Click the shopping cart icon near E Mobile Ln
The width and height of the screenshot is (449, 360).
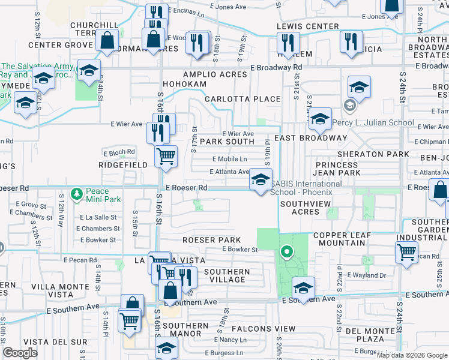point(166,157)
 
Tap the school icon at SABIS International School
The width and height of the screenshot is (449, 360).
point(261,179)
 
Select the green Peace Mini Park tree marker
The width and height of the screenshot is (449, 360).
point(76,194)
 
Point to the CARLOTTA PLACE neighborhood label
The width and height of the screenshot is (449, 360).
point(243,99)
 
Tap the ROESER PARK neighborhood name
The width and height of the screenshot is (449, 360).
point(208,240)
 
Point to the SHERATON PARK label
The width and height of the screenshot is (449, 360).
point(373,154)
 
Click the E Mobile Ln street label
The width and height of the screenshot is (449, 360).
point(230,159)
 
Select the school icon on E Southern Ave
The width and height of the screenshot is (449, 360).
point(304,288)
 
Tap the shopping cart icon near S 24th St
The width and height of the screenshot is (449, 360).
point(406,253)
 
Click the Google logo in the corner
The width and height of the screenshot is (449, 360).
point(20,353)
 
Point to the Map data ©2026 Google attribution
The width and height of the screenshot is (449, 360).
point(412,355)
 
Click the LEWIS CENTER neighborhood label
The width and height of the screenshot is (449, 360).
point(308,26)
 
